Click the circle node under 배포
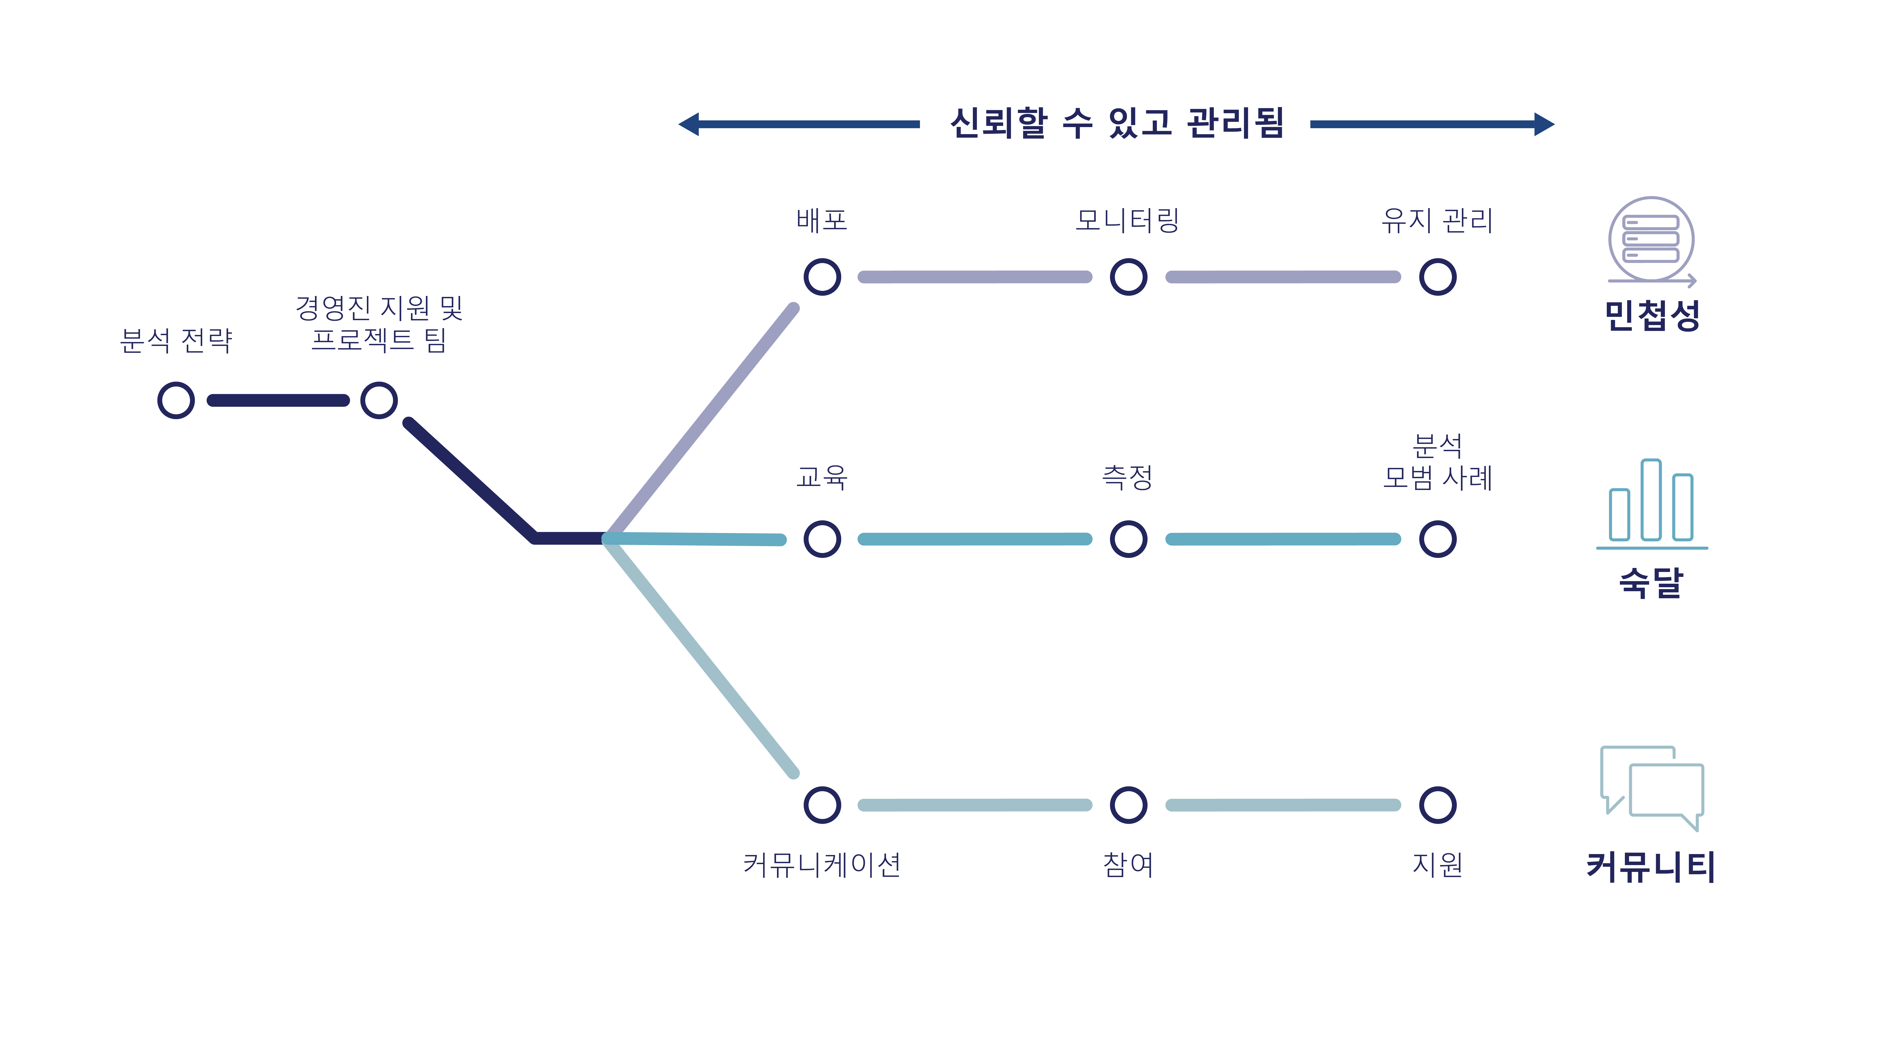click(822, 277)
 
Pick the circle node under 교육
click(822, 539)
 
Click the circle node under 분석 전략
click(176, 400)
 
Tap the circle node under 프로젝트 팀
click(379, 400)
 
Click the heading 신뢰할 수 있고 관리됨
click(1116, 123)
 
